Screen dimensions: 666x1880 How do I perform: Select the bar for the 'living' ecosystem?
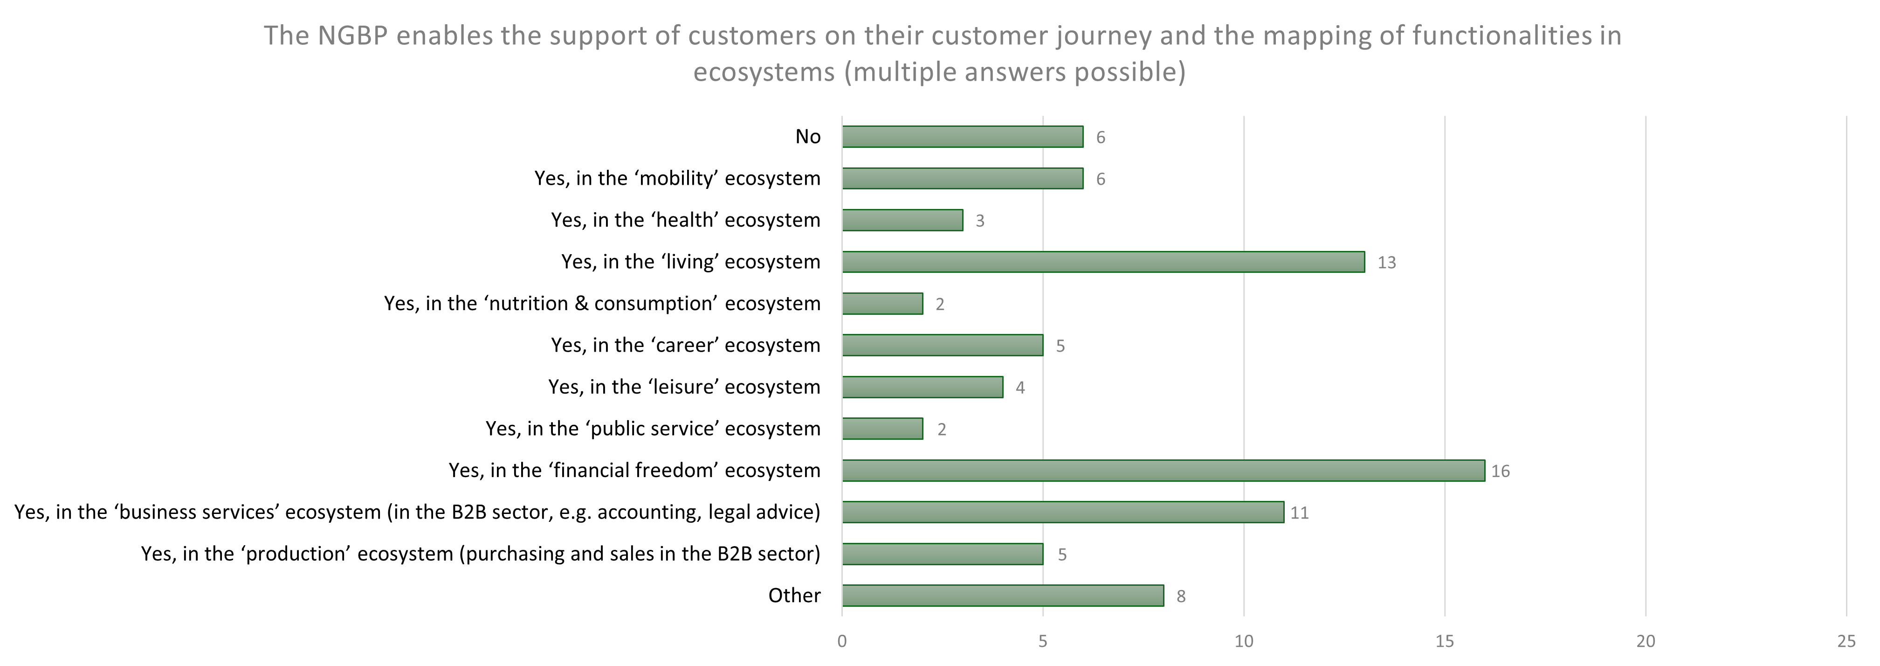click(x=1103, y=262)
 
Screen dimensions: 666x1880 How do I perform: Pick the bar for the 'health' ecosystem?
click(x=902, y=220)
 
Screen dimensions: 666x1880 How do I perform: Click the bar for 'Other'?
click(x=1002, y=595)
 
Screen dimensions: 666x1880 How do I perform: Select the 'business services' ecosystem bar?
click(x=1063, y=512)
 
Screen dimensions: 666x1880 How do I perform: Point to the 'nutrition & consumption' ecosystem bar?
click(x=882, y=303)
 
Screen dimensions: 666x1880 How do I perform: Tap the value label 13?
click(x=1386, y=262)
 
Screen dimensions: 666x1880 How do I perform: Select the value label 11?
click(x=1299, y=513)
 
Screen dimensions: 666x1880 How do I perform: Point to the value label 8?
click(x=1180, y=597)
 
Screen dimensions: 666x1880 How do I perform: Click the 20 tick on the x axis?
click(x=1645, y=641)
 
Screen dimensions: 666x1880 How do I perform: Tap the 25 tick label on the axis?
click(x=1846, y=641)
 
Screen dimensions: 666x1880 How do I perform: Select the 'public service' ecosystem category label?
click(x=653, y=428)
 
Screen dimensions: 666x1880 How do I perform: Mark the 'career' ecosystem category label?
click(x=685, y=345)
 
